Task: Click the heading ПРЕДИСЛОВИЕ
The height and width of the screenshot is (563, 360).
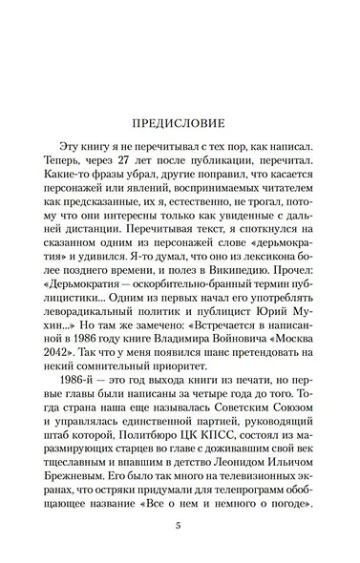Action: (x=180, y=124)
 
